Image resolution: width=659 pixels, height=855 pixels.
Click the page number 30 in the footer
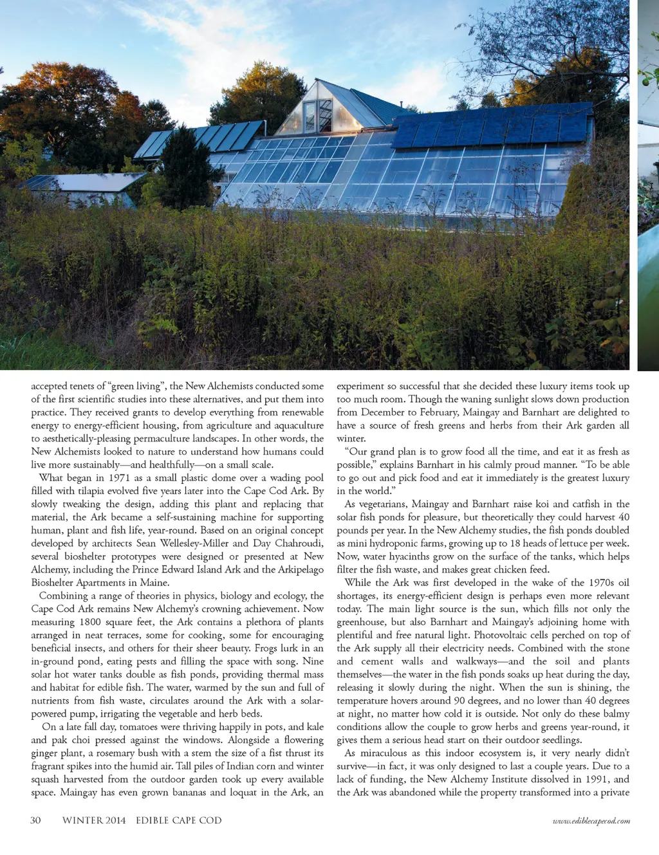tap(36, 820)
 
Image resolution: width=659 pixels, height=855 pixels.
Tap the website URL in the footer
tap(591, 821)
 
